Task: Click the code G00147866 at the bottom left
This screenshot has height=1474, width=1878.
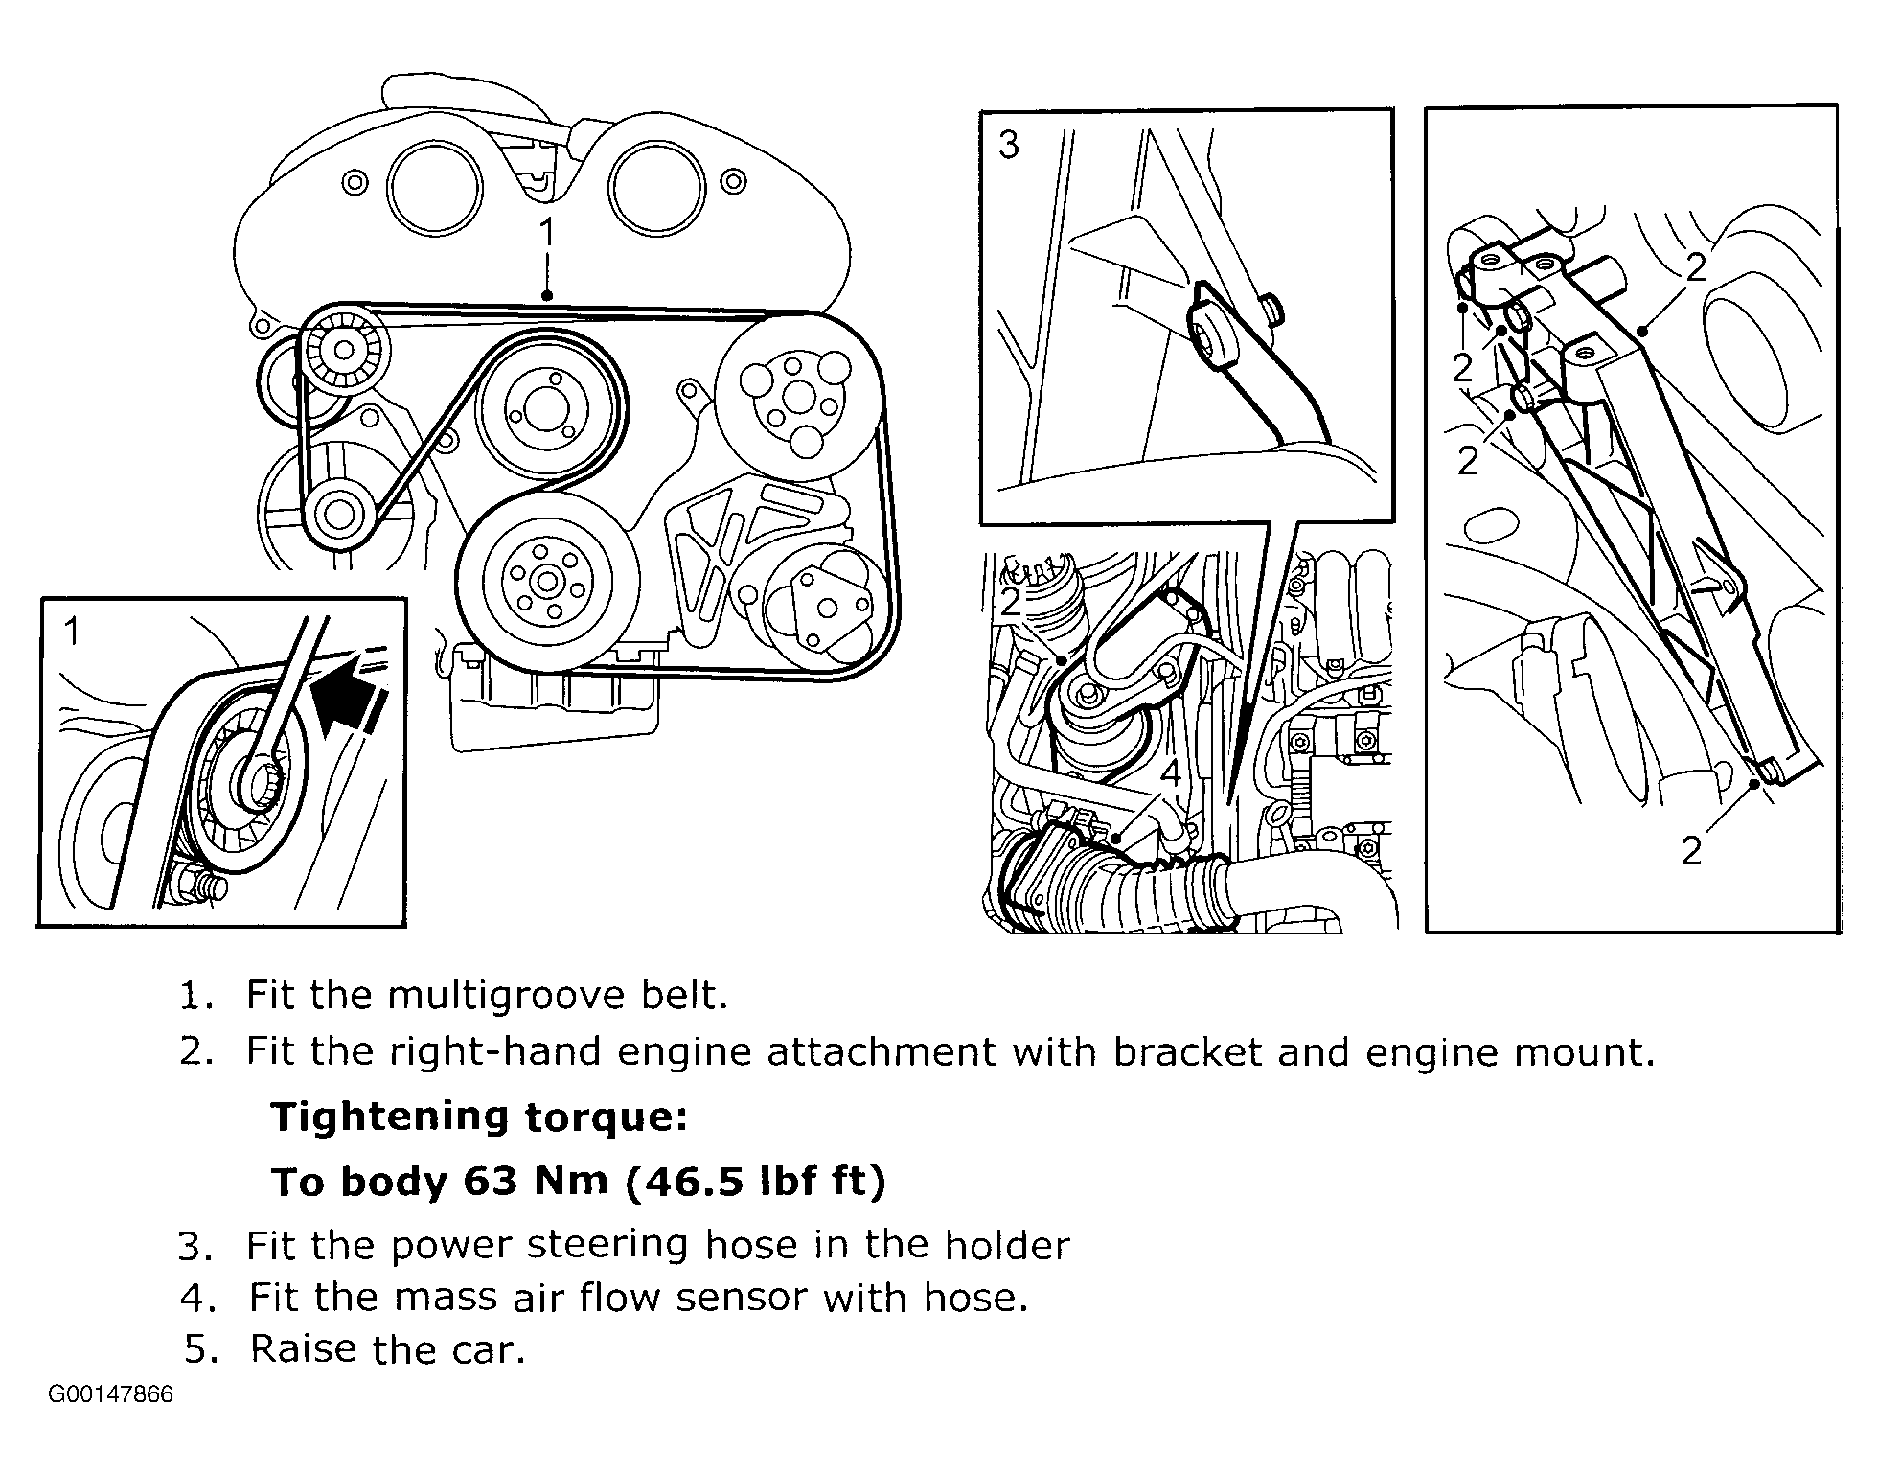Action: coord(111,1393)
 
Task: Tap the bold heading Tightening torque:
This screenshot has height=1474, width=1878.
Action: coord(479,1117)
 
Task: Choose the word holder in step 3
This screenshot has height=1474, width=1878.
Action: coord(1007,1245)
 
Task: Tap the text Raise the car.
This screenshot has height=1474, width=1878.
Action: coord(387,1349)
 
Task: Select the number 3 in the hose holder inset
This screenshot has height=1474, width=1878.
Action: coord(1008,146)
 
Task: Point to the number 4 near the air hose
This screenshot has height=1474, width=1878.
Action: coord(1170,772)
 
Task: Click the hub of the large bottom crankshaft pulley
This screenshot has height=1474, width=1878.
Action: coord(547,580)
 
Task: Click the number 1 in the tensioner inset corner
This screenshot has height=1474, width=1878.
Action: coord(72,632)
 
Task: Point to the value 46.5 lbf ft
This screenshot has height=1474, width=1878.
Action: coord(755,1181)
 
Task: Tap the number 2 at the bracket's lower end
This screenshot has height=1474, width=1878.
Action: coord(1691,850)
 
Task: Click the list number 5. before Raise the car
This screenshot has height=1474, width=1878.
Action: coord(201,1349)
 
